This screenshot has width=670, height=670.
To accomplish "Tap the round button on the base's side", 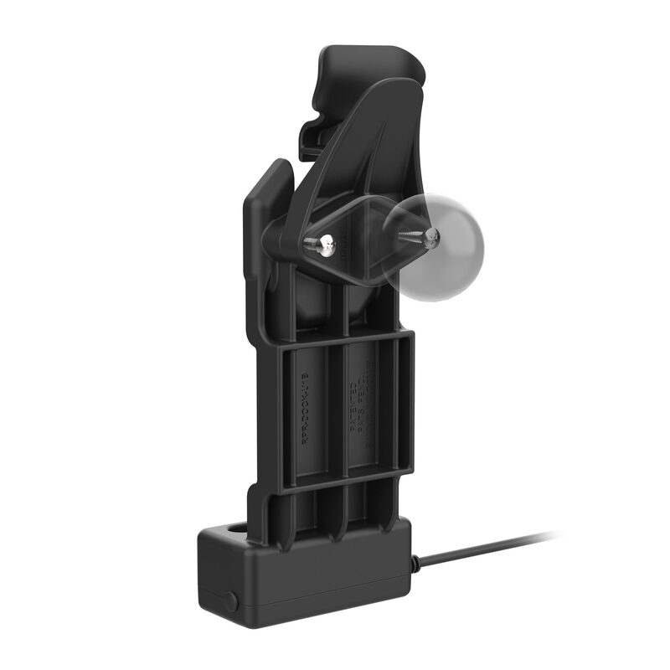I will [x=229, y=600].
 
